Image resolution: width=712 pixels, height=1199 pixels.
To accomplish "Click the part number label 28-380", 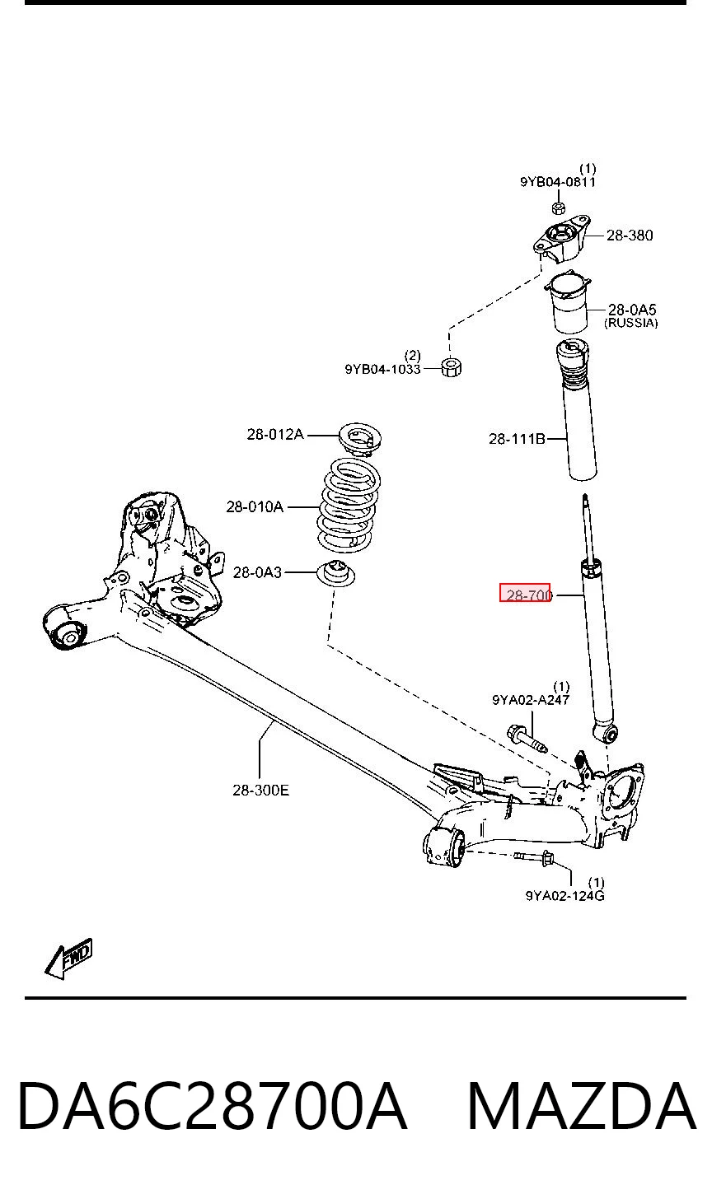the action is point(630,235).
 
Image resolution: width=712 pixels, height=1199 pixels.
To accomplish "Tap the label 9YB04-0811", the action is point(558,182).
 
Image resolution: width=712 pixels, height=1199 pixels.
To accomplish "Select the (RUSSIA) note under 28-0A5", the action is point(631,323).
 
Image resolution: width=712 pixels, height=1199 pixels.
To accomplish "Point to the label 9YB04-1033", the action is point(382,369).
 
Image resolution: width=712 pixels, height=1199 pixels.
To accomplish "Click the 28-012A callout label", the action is point(275,434).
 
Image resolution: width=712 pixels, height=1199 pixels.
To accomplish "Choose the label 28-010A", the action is point(255,506).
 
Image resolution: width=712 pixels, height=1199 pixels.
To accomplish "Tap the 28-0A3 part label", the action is point(257,573).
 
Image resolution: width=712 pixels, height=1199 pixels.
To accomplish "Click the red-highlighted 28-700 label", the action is point(525,593).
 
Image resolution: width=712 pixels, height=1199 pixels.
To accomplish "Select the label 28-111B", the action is point(517,439).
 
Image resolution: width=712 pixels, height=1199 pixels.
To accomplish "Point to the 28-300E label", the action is point(261,790).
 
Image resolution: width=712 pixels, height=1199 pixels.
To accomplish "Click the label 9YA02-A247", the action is point(531,700).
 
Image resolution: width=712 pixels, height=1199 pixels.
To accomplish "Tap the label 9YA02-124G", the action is point(564,895).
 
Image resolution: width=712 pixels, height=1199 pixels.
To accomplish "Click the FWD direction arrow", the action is point(68,958).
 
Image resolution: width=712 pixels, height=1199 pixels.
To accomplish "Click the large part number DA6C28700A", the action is point(213,1106).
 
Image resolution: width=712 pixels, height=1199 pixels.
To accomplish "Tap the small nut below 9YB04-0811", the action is point(558,208).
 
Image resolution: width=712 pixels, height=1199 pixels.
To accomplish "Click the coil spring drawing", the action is point(349,505).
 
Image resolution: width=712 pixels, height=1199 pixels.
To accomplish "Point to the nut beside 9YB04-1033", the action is point(452,368).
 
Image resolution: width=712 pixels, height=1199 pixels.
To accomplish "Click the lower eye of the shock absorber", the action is point(606,733).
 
